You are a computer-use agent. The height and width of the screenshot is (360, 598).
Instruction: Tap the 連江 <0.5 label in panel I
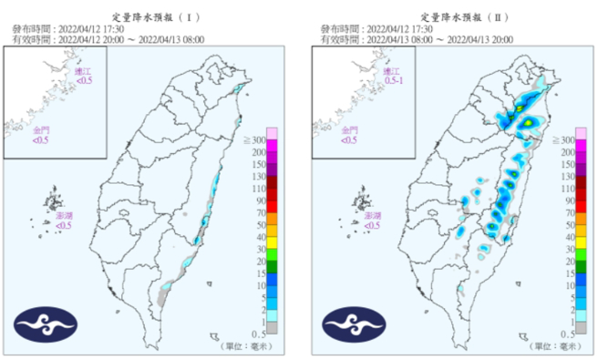click(84, 77)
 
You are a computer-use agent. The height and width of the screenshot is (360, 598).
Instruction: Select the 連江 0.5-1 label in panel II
click(392, 77)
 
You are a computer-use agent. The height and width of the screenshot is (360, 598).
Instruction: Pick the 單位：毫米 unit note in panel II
click(552, 346)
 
